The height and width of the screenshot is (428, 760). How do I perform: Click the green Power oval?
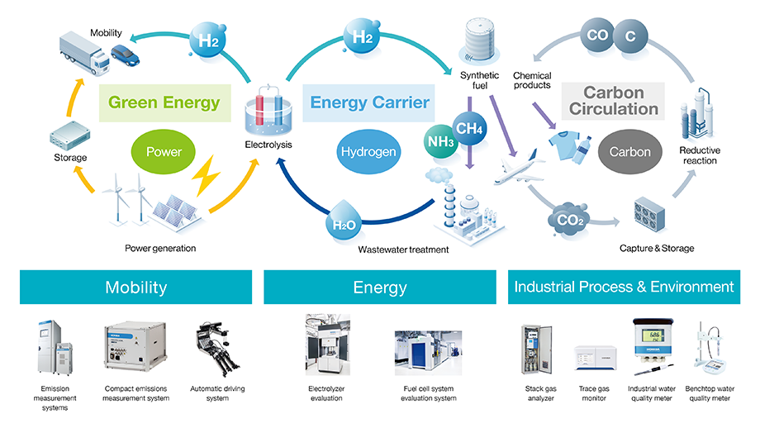pos(164,152)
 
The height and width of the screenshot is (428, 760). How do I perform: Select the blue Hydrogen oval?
pos(368,152)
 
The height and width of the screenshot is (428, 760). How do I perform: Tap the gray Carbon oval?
pos(629,152)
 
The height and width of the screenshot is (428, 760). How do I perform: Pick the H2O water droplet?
pos(344,221)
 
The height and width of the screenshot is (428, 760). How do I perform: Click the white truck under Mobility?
pos(84,55)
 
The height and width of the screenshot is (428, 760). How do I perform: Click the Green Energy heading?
pos(164,102)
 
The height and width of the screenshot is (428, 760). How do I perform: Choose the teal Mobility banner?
pos(135,288)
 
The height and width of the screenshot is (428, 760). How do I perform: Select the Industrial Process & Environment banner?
pos(624,288)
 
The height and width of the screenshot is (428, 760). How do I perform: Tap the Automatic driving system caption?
pos(219,392)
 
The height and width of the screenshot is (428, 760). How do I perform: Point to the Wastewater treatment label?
pos(403,249)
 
